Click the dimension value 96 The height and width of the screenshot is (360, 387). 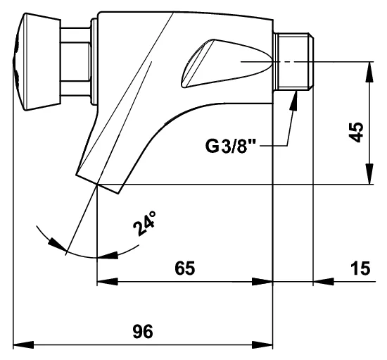point(143,332)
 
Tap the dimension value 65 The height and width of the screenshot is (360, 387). point(185,268)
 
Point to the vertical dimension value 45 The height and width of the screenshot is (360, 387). point(357,132)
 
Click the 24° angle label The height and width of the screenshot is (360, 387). point(145,223)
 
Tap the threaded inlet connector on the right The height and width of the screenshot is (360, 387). point(293,62)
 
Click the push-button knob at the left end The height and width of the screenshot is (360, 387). point(37,61)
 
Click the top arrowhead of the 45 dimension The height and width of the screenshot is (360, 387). point(369,72)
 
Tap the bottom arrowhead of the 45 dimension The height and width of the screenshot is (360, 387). point(369,174)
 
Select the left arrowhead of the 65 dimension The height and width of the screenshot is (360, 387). point(108,281)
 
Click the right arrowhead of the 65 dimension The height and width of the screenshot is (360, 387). point(262,281)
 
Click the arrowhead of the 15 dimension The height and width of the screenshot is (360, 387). point(324,281)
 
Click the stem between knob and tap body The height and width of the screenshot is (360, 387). point(76,61)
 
